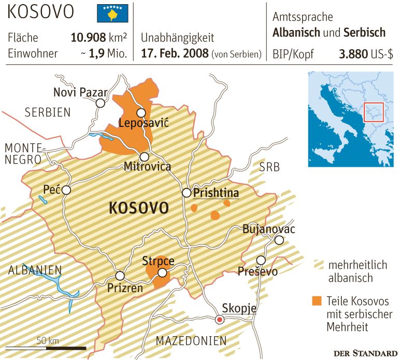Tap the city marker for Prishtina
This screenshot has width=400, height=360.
[x=187, y=193]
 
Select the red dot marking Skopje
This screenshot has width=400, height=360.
[x=220, y=320]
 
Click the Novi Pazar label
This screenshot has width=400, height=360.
[x=80, y=93]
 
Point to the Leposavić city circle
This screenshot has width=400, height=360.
[x=140, y=112]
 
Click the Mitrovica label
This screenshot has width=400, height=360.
[x=147, y=167]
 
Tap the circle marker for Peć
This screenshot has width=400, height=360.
[x=66, y=191]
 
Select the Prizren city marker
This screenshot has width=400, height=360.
[x=120, y=276]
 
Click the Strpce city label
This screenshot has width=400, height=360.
[x=158, y=261]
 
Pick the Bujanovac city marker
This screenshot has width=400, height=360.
[x=279, y=240]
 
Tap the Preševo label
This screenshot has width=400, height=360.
[x=258, y=271]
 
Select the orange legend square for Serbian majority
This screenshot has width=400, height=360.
[x=318, y=300]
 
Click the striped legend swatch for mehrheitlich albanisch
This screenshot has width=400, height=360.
[x=318, y=265]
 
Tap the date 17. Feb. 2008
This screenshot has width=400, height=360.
[x=174, y=53]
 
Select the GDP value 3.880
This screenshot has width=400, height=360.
[x=356, y=53]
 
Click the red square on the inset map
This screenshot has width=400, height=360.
[x=373, y=111]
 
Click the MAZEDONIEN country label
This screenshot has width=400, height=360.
[x=191, y=340]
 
